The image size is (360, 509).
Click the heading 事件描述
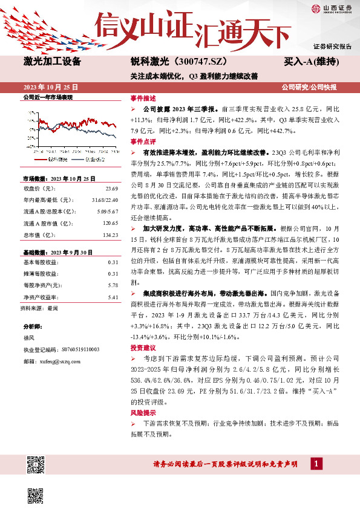(143, 97)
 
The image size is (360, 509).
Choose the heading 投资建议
(143, 349)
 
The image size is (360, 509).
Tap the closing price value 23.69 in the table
(111, 189)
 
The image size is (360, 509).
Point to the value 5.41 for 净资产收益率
(112, 297)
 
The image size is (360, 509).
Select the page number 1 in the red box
(316, 463)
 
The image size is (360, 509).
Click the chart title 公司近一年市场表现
(48, 97)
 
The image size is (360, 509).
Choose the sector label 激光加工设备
(53, 62)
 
